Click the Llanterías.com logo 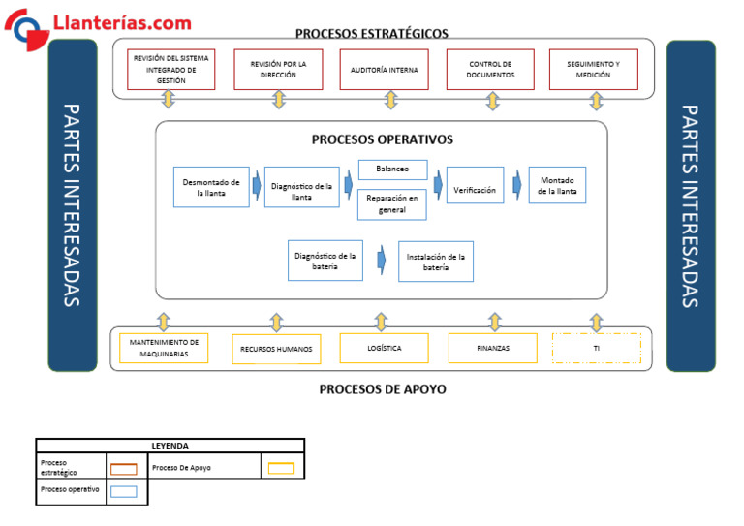[x=97, y=23]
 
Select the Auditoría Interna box [x=384, y=70]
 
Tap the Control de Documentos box [x=490, y=70]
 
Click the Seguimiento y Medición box [x=593, y=70]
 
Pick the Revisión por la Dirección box [x=278, y=70]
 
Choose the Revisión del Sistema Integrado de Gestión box [x=171, y=70]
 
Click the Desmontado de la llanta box [x=211, y=187]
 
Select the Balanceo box [x=392, y=170]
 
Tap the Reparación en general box [x=392, y=204]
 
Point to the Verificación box [x=475, y=190]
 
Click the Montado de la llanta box [x=557, y=186]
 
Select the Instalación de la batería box [x=436, y=262]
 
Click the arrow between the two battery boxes [x=382, y=260]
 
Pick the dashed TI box [x=596, y=348]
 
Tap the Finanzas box [x=492, y=348]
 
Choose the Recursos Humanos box [x=276, y=349]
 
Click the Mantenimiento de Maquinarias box [x=164, y=348]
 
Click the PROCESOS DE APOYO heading [x=383, y=389]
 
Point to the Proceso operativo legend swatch [x=123, y=491]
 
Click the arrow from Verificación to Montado [x=518, y=182]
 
